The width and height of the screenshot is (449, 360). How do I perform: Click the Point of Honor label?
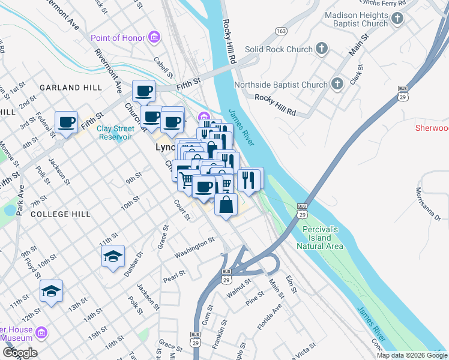[x=118, y=38]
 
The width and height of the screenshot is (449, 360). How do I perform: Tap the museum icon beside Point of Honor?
[x=155, y=38]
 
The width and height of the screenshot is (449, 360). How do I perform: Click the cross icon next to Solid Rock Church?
[x=322, y=49]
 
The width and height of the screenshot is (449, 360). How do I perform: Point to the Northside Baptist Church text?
[x=281, y=85]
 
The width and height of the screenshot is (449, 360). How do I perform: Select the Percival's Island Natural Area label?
[x=320, y=238]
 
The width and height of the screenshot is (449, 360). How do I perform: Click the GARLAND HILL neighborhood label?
[x=71, y=88]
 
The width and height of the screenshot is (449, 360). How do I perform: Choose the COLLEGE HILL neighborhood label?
[x=61, y=214]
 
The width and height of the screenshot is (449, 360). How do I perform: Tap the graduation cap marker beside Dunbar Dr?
[x=113, y=257]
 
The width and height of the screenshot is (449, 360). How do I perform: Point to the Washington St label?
[x=194, y=248]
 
